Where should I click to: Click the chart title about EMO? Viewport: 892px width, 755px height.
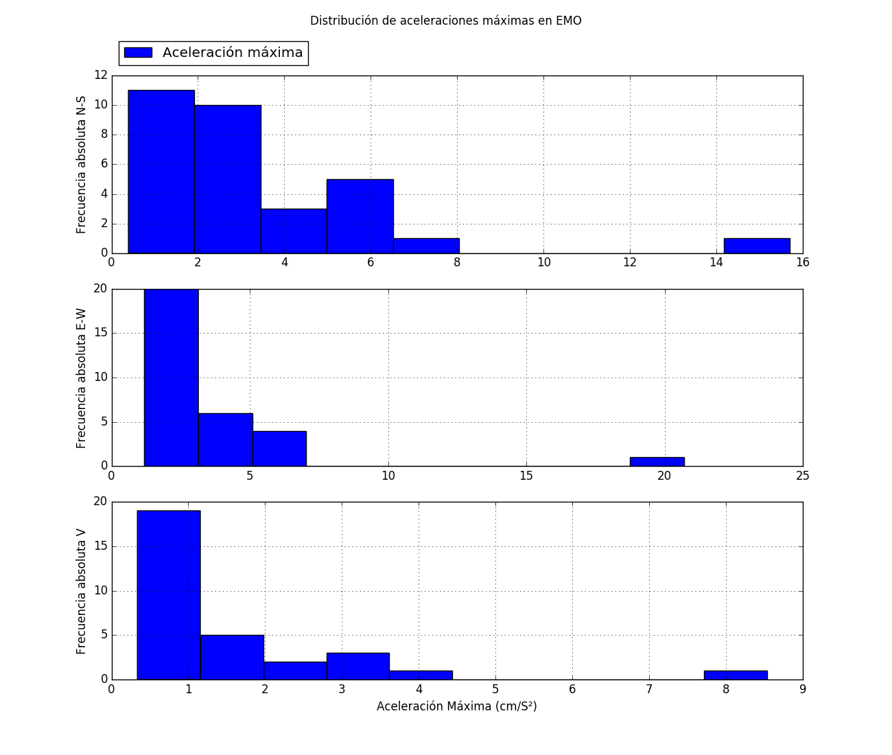coord(445,21)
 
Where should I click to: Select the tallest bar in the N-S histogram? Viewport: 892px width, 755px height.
coord(161,172)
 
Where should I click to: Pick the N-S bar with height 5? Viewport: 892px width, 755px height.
coord(360,216)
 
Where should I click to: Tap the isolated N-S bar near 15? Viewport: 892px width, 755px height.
coord(757,246)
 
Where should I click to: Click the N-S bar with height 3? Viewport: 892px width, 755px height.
coord(294,231)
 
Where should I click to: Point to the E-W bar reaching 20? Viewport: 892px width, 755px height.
coord(171,377)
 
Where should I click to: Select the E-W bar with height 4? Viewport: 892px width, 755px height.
coord(279,448)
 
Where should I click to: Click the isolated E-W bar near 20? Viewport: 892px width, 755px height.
coord(657,461)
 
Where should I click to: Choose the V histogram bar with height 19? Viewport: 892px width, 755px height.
coord(169,594)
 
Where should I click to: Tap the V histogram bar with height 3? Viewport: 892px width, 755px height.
coord(358,666)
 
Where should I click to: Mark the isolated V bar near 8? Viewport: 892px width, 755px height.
coord(736,675)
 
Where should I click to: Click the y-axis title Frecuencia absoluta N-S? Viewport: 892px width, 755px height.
coord(82,165)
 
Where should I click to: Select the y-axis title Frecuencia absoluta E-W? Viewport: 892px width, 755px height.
coord(82,378)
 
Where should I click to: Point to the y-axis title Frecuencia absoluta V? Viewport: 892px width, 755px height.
coord(82,591)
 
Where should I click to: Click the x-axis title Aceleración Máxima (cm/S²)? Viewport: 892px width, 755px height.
coord(456,706)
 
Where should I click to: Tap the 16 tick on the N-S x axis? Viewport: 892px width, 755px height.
coord(802,262)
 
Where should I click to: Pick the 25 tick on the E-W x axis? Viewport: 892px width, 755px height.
coord(802,476)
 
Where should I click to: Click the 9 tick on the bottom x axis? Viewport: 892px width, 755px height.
coord(802,689)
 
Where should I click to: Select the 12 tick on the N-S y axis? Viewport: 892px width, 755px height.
coord(101,75)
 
